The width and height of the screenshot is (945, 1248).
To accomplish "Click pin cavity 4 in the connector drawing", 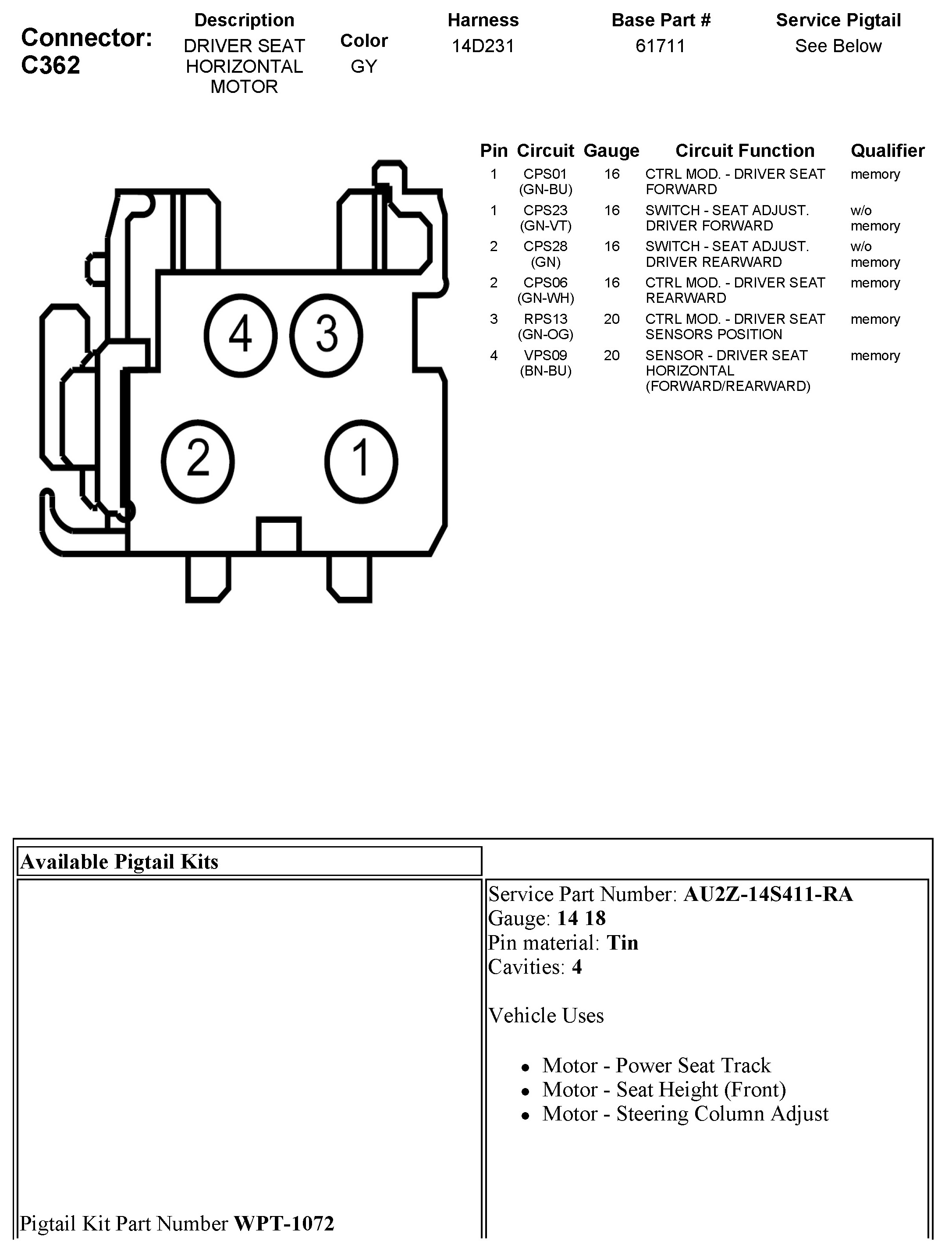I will (x=240, y=335).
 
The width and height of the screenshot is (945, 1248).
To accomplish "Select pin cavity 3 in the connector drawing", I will (x=327, y=335).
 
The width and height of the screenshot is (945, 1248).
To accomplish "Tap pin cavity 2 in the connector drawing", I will (x=198, y=461).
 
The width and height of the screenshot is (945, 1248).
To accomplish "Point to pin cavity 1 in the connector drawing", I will (x=361, y=461).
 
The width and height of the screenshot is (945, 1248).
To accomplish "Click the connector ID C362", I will (x=51, y=65).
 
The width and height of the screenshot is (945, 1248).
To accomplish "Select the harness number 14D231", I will (x=483, y=46).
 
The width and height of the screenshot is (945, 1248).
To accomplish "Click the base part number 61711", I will (x=660, y=46).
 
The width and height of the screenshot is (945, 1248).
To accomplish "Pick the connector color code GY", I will (x=363, y=67).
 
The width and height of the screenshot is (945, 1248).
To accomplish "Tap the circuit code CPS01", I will (x=545, y=174).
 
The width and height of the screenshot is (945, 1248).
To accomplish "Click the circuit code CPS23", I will (x=545, y=210).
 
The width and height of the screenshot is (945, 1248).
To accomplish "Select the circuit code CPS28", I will (x=545, y=247).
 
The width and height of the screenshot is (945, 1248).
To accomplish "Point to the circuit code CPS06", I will (x=545, y=283).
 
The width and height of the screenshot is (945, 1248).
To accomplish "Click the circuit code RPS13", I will (x=545, y=319).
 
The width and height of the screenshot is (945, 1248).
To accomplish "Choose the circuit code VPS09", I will (x=545, y=355).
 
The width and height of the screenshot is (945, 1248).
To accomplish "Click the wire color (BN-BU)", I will (x=545, y=371).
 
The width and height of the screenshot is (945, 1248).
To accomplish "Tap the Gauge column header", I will (x=611, y=151).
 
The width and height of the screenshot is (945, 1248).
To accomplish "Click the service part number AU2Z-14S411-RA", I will (x=768, y=894).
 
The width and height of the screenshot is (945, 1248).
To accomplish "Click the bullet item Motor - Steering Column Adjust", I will (x=685, y=1114).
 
